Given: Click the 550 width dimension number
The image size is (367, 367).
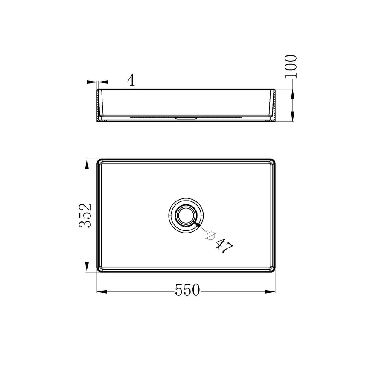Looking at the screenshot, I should pos(187,291).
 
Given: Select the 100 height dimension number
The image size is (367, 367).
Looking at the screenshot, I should pos(291,65).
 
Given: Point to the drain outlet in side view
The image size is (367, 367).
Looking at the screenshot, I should pos(186,117).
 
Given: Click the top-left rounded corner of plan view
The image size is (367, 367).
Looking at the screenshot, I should pos(101,162).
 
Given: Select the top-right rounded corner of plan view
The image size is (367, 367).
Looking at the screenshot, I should pos(271,162).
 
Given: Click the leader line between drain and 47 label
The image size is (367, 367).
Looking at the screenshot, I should pos(203,228).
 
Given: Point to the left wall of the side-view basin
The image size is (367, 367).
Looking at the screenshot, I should pos(100,105).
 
